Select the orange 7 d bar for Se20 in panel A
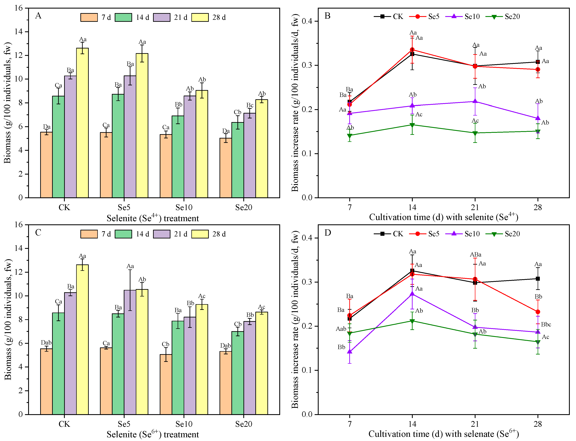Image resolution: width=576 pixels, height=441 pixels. [226, 168]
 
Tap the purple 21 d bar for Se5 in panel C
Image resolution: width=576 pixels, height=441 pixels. [130, 352]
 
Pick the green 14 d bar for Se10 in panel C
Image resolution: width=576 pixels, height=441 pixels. [178, 368]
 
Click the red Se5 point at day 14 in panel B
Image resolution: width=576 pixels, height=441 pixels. [412, 50]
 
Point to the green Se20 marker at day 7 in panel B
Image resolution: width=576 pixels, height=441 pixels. [350, 136]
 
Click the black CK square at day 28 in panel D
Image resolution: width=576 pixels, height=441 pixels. [538, 279]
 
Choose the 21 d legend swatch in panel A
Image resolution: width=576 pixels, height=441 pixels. [162, 17]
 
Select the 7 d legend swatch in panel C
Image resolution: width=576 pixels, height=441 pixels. [89, 234]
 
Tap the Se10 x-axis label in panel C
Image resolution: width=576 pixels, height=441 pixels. [184, 424]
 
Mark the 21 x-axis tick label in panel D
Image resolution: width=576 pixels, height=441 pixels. [475, 424]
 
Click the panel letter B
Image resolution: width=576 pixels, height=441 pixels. [327, 16]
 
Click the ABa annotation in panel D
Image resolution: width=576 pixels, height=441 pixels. [475, 255]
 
